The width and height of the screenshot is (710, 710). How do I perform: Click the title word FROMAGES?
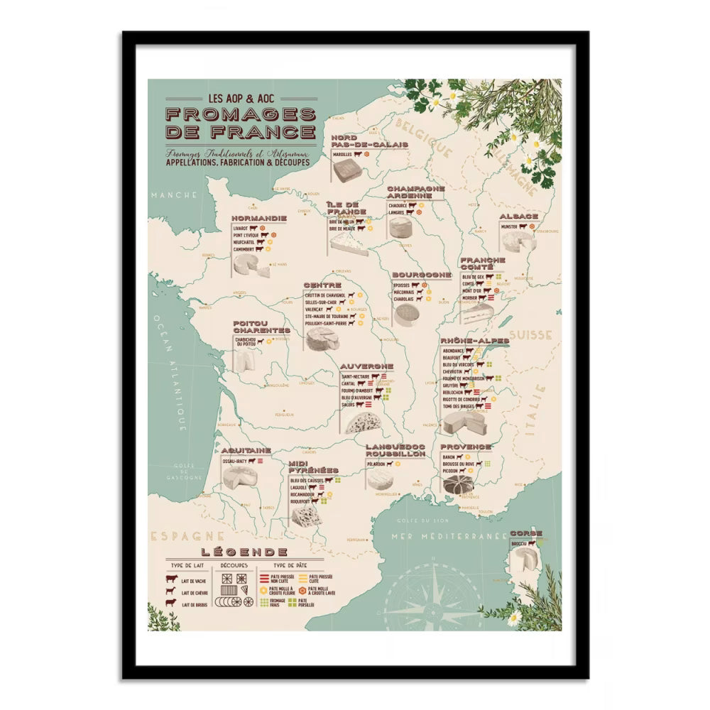(241, 114)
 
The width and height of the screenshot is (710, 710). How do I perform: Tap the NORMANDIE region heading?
(259, 218)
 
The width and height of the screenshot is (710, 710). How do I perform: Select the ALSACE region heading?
(518, 216)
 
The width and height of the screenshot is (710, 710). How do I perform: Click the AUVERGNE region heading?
(367, 366)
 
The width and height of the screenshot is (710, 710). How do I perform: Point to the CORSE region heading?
(526, 533)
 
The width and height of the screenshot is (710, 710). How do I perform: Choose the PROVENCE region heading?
(465, 447)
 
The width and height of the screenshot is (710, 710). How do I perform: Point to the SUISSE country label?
(535, 334)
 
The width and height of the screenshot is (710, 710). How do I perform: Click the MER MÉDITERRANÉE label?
(448, 536)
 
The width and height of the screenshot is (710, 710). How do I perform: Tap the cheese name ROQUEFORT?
(303, 501)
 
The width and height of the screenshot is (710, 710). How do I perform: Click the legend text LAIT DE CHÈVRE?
(195, 592)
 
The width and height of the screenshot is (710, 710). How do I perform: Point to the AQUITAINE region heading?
(246, 450)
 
